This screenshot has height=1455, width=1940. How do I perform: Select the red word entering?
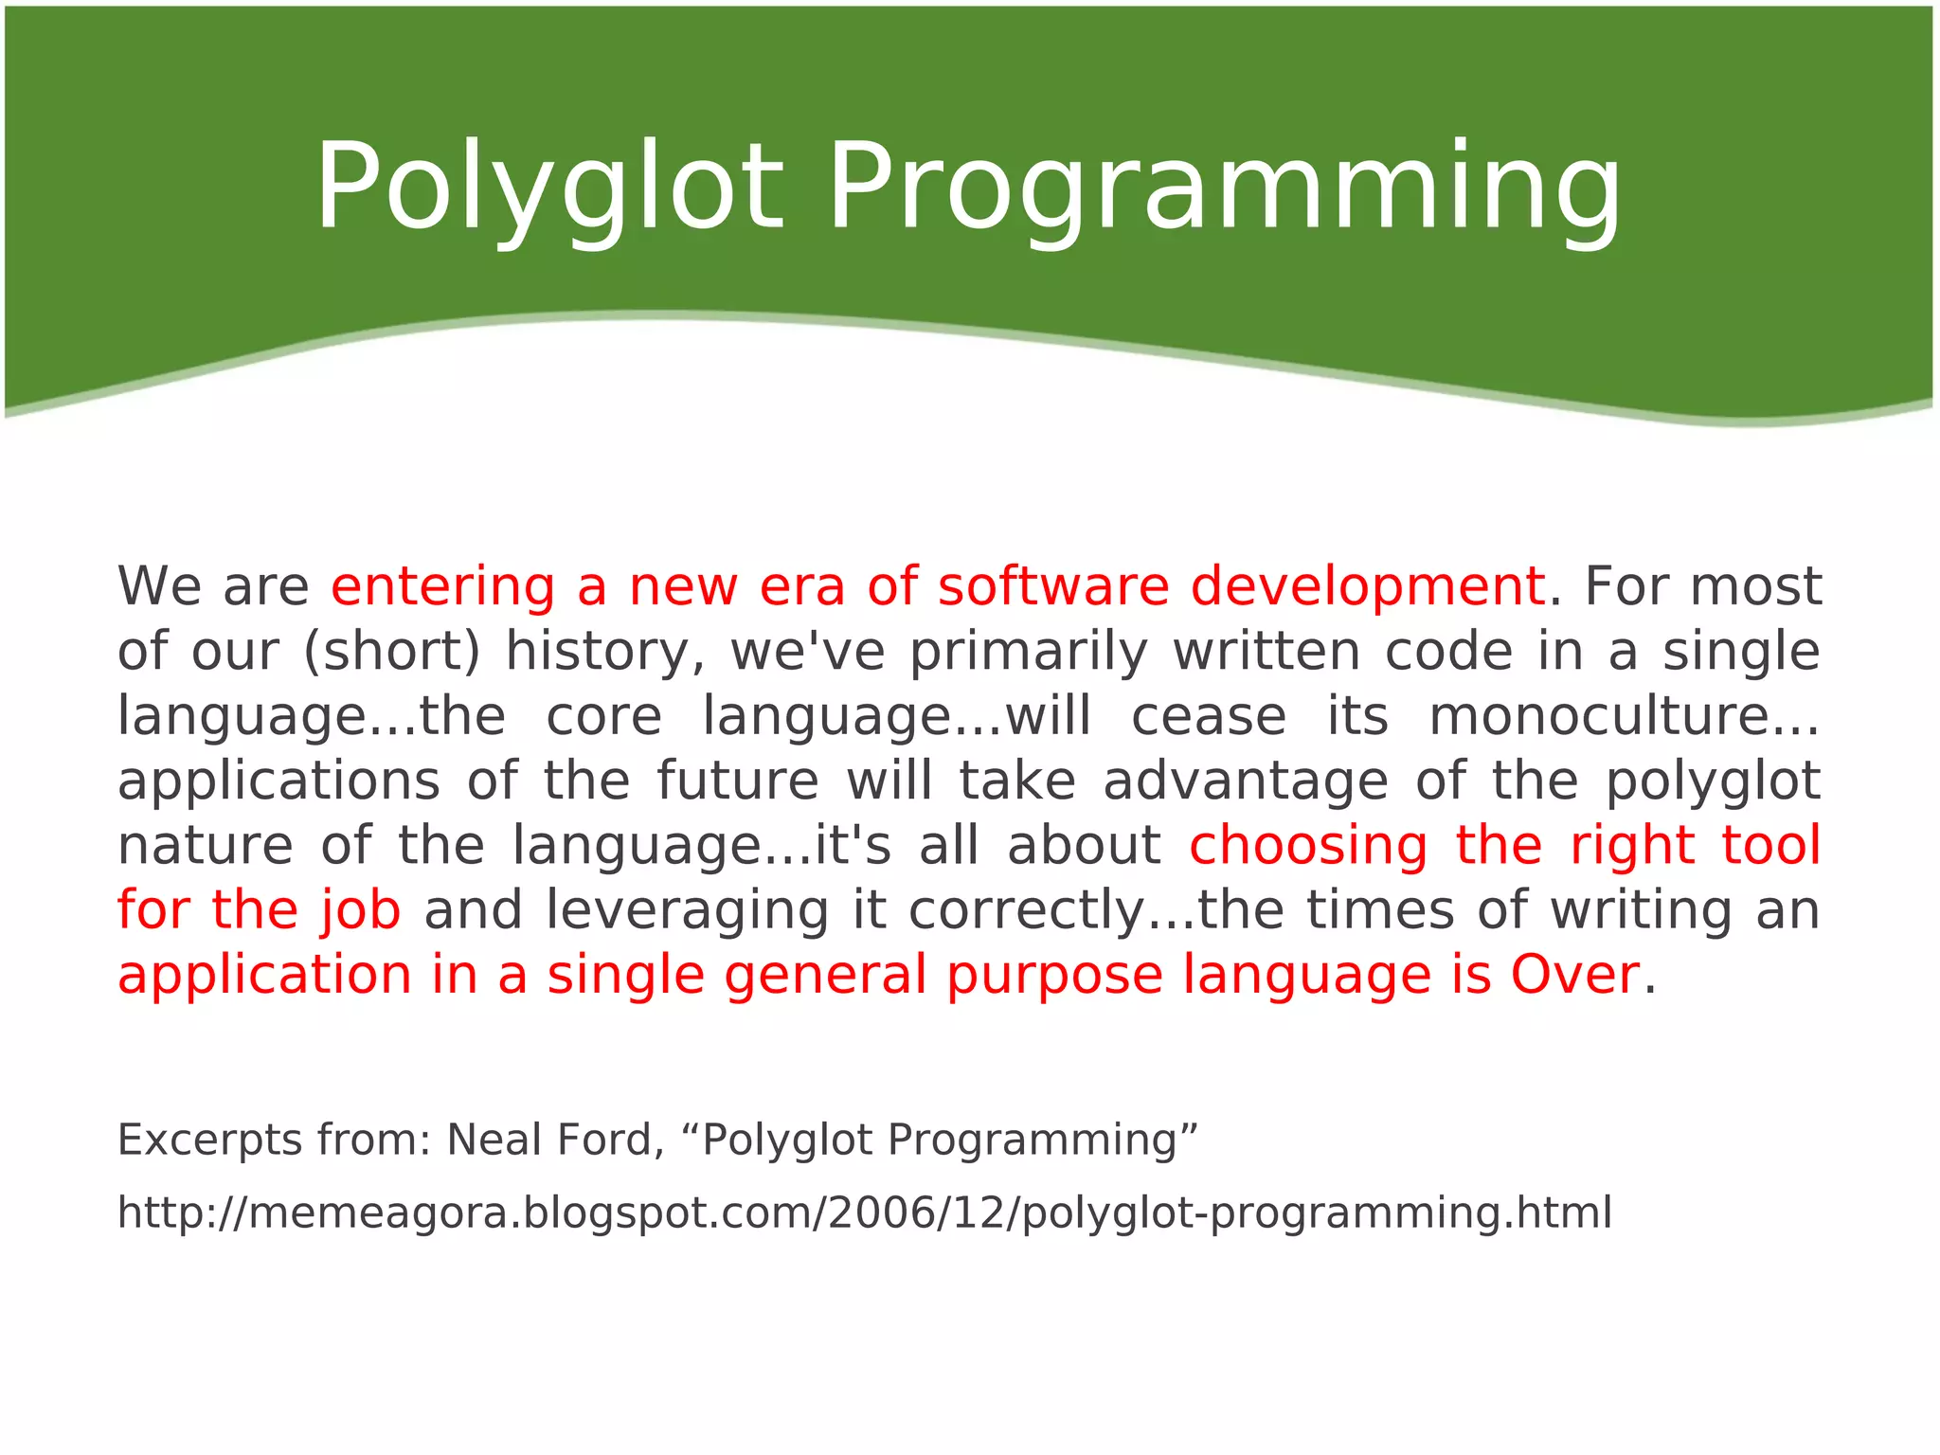click(x=442, y=587)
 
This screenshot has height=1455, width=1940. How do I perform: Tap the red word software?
click(x=1053, y=587)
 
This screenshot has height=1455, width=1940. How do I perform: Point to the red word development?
click(x=1368, y=587)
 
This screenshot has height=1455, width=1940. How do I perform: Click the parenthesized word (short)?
click(x=392, y=652)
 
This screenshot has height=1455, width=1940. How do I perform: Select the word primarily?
click(x=1028, y=654)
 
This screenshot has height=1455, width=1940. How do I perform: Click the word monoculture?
click(x=1624, y=716)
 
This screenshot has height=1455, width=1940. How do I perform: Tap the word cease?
click(x=1209, y=716)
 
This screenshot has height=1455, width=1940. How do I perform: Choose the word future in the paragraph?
click(x=738, y=781)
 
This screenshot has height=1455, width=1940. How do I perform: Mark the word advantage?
click(x=1246, y=782)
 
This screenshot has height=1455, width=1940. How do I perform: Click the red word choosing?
click(x=1308, y=846)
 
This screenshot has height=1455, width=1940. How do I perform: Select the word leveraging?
click(x=688, y=911)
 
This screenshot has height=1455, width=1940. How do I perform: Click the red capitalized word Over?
click(x=1574, y=975)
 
